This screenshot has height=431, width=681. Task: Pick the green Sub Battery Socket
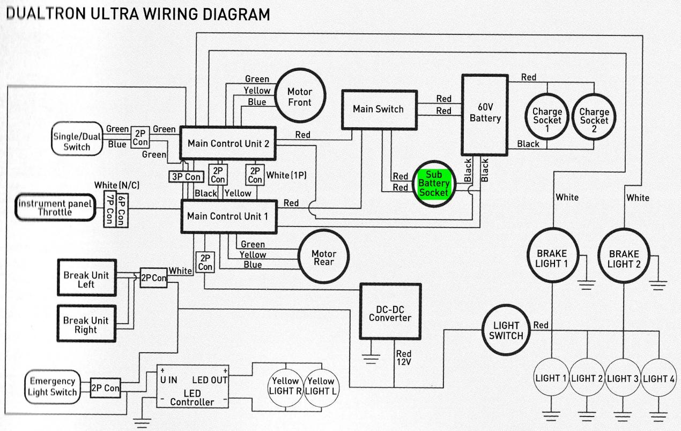pos(434,184)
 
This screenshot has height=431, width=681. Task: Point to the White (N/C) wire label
pos(117,185)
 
